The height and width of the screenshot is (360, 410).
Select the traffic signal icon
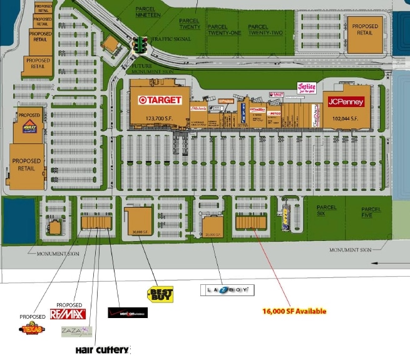point(140,45)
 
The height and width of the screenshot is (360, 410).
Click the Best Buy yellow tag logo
point(160,294)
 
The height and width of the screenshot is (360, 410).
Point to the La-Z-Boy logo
point(227,290)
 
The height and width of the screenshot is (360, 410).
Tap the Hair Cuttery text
point(102,349)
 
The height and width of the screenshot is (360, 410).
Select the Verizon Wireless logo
point(128,312)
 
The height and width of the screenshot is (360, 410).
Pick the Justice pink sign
point(307,88)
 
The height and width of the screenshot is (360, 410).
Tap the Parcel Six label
point(326,210)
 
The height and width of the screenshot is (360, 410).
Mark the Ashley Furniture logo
point(29,127)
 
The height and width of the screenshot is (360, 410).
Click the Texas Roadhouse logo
point(32,329)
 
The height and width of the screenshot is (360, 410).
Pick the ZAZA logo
point(76,331)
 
